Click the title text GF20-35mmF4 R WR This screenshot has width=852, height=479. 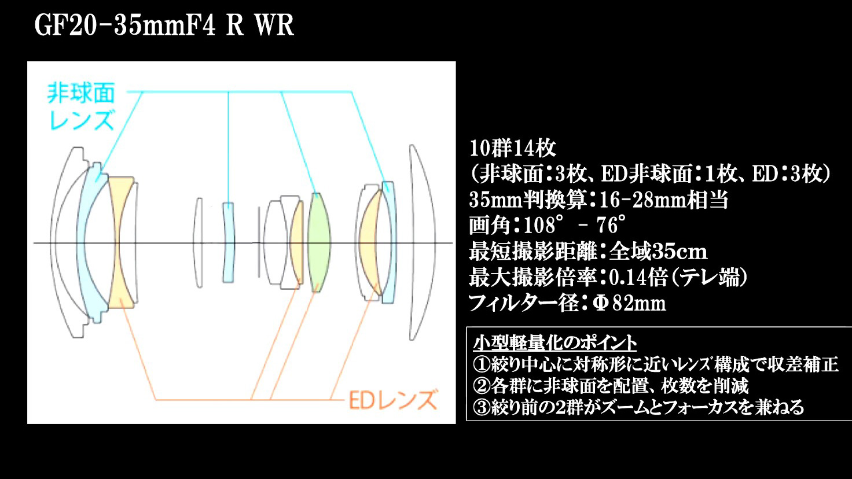click(x=164, y=26)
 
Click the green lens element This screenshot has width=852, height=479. click(x=319, y=242)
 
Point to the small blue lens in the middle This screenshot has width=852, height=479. click(x=228, y=242)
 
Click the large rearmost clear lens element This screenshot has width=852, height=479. click(x=421, y=242)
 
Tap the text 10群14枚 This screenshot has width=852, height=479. click(x=513, y=148)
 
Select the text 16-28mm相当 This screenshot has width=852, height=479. click(x=663, y=200)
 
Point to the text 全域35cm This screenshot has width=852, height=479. click(x=658, y=251)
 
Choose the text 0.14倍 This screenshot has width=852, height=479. click(x=638, y=278)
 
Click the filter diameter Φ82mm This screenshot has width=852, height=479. click(x=629, y=303)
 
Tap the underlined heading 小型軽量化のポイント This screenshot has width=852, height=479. click(x=555, y=343)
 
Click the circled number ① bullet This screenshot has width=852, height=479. click(x=482, y=364)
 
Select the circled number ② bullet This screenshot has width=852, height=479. click(x=482, y=386)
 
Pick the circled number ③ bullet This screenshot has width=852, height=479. click(x=482, y=407)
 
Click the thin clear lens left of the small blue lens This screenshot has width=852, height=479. click(x=197, y=242)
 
